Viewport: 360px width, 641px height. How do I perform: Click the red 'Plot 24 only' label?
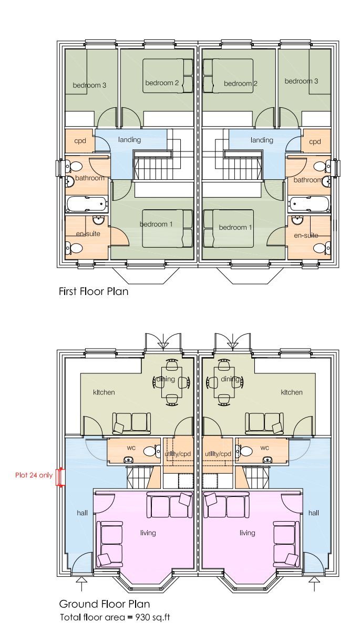click(x=34, y=475)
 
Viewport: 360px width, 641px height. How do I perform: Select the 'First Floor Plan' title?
click(x=93, y=291)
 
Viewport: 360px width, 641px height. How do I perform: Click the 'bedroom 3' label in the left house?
click(x=89, y=85)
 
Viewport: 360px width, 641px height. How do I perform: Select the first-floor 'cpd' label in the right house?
click(x=315, y=141)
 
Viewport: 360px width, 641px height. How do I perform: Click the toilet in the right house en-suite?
click(x=326, y=247)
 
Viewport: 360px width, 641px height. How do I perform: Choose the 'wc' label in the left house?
click(x=131, y=448)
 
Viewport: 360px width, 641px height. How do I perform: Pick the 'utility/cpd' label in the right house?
click(x=218, y=453)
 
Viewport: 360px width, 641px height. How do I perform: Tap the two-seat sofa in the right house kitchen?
click(x=264, y=423)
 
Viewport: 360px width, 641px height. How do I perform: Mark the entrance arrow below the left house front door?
click(x=81, y=580)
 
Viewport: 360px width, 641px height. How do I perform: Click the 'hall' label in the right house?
click(x=314, y=513)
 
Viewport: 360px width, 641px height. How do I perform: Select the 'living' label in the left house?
click(x=148, y=533)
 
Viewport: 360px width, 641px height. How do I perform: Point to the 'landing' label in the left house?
click(x=129, y=140)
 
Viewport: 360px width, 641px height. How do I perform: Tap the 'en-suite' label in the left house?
click(x=86, y=234)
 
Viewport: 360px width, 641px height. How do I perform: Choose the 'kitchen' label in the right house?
click(x=292, y=392)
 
